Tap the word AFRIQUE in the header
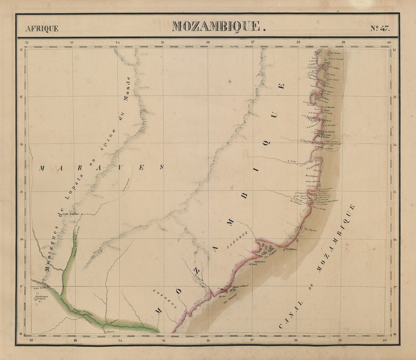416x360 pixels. click(x=42, y=28)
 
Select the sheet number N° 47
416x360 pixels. click(x=379, y=28)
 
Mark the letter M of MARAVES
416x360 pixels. click(x=41, y=168)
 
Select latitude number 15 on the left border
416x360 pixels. click(x=22, y=192)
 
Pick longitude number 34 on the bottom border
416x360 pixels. click(x=120, y=340)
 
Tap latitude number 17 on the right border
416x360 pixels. click(x=394, y=287)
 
